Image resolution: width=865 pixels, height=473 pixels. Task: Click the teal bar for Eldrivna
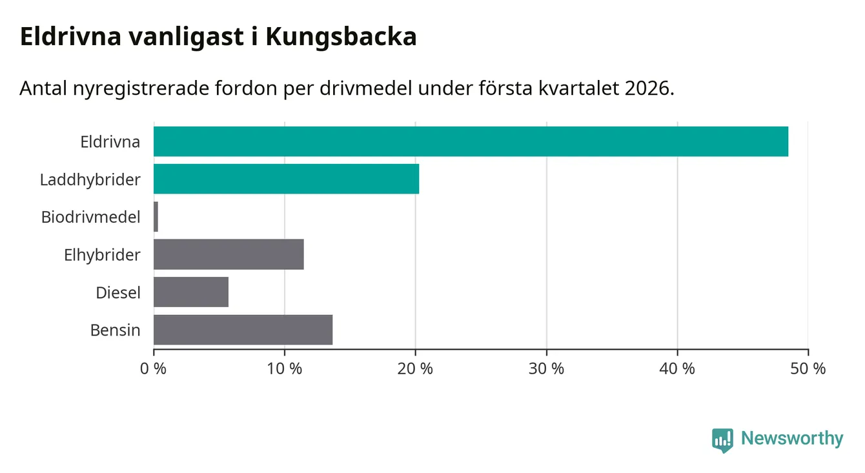coord(471,141)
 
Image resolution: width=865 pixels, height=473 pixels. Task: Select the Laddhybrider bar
coord(286,179)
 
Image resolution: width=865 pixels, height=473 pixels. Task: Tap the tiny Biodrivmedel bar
coord(156,217)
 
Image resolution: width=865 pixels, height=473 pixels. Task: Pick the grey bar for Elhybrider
coord(229,254)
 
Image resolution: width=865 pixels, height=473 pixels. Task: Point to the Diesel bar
coord(191,292)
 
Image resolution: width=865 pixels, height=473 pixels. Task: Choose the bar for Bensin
coord(243,330)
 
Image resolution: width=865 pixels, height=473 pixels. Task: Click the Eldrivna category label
coord(110,142)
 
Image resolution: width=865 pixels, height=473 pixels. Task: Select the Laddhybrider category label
coord(90,179)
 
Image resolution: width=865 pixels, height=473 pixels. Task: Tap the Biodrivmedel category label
coord(91,217)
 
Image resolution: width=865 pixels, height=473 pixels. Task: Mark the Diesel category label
coord(118,293)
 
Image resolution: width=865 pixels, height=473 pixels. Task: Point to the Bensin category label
coord(116,330)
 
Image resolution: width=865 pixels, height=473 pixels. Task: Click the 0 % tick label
coord(154,369)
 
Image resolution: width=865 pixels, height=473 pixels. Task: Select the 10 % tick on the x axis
coord(285,369)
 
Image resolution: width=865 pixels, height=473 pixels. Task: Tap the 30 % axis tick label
coord(547,369)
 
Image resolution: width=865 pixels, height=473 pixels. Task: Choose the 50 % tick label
coord(808,369)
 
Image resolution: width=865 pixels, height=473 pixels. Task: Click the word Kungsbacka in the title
coord(341,37)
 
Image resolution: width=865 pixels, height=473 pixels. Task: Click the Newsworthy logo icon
coord(722,439)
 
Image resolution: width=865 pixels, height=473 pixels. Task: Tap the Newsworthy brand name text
coord(792,439)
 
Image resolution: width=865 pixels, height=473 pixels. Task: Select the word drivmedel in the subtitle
coord(365,88)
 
